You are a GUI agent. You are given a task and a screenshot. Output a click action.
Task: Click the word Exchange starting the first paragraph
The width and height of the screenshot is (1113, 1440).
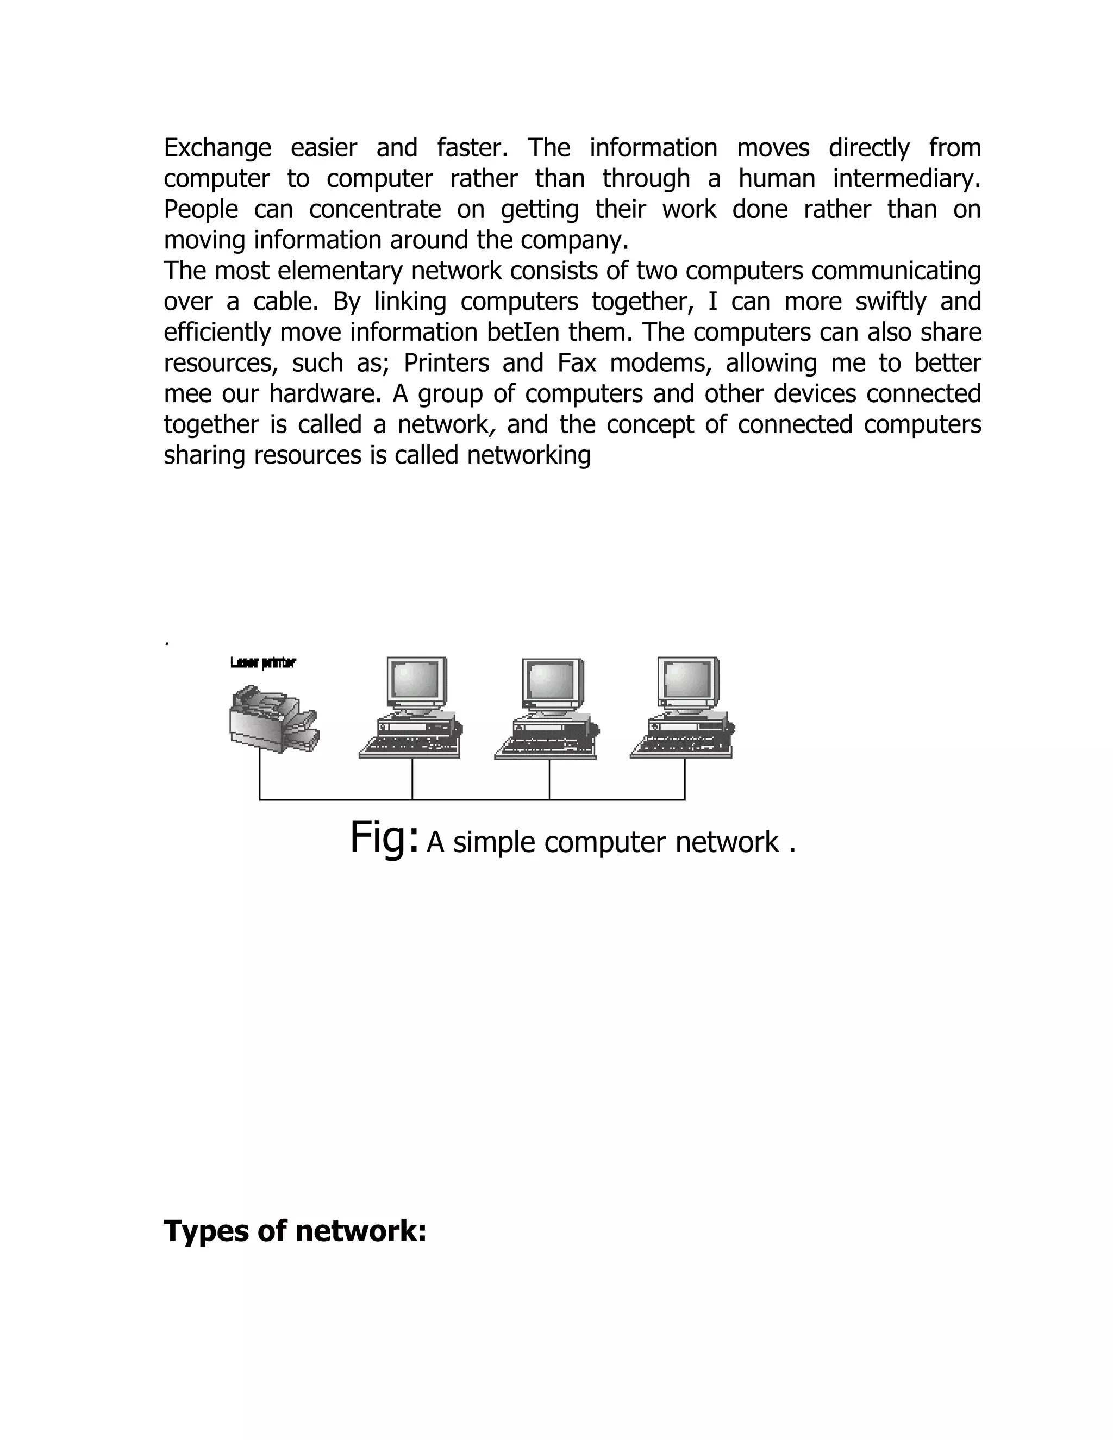[217, 148]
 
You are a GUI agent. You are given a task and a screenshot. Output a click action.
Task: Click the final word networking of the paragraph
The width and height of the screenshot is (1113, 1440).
[529, 455]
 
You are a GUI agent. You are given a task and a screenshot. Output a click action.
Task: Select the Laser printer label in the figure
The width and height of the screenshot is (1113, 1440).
[263, 662]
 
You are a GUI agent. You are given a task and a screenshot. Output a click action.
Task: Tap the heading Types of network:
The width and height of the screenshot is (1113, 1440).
[295, 1231]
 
